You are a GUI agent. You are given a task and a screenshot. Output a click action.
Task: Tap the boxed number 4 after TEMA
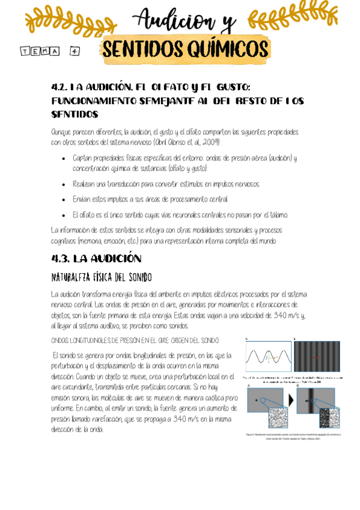[75, 52]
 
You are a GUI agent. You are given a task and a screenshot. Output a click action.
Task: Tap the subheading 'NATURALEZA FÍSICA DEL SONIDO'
[101, 277]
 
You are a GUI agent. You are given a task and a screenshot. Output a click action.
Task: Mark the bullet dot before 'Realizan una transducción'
[65, 184]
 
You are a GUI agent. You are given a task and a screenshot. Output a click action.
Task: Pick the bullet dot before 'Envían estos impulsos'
[65, 199]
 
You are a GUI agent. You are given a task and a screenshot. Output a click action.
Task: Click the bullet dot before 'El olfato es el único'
[65, 214]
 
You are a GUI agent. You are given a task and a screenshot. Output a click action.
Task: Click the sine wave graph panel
[269, 357]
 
